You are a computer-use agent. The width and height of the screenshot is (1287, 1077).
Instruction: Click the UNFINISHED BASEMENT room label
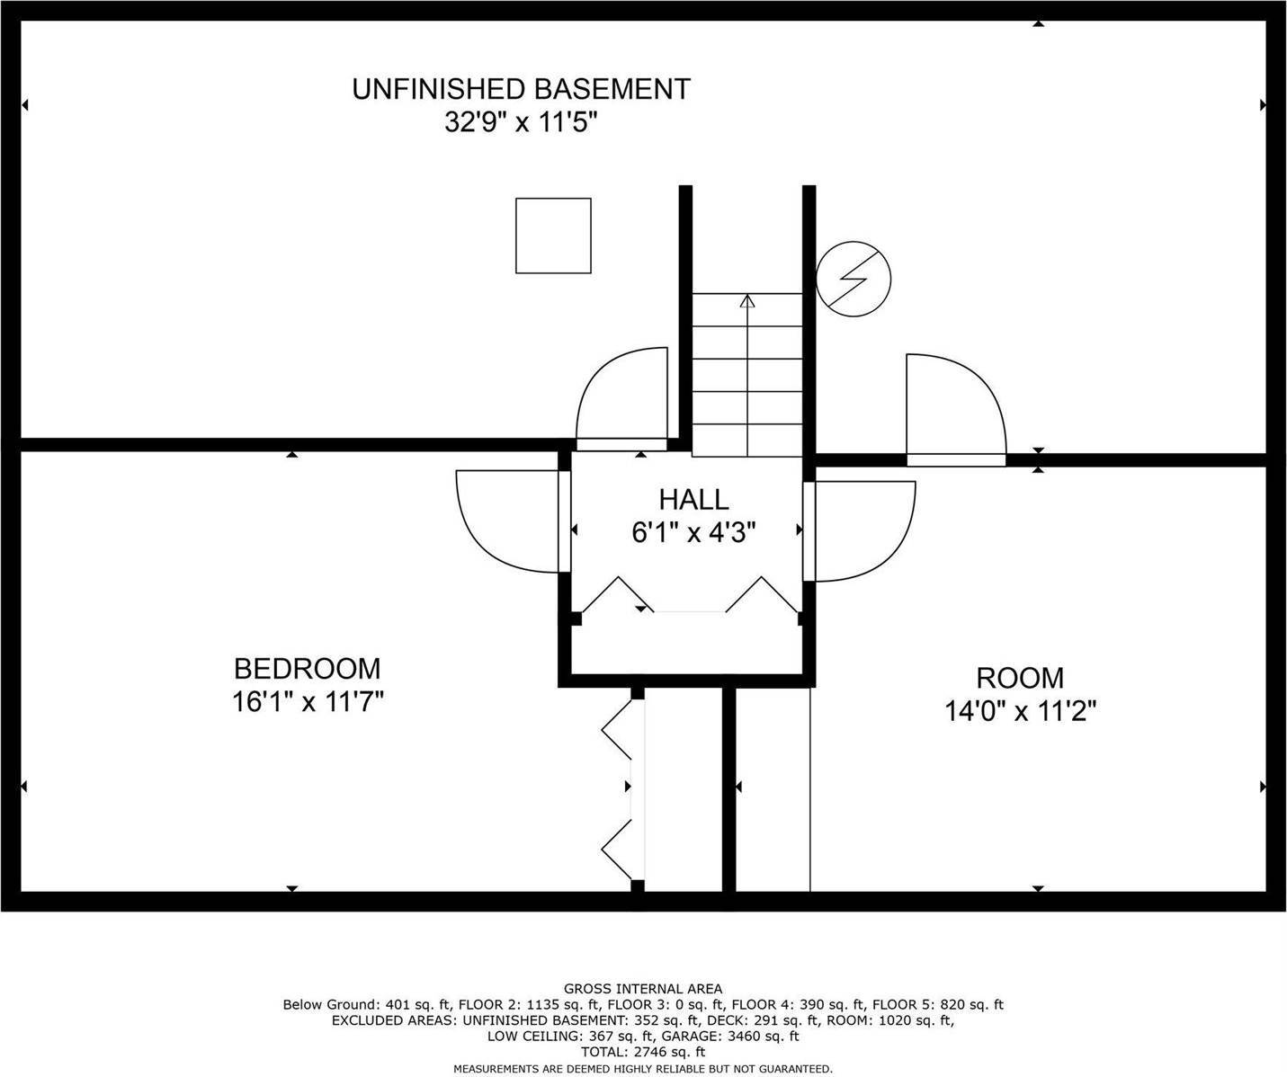[521, 89]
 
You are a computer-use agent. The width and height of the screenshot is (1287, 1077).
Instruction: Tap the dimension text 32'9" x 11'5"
[522, 122]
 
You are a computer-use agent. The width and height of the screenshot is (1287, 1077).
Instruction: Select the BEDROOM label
[307, 669]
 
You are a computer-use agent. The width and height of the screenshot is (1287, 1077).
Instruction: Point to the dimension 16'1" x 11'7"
[308, 702]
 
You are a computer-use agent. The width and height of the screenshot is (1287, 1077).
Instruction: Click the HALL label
[693, 499]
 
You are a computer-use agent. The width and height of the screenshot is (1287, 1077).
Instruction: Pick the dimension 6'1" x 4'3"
[693, 531]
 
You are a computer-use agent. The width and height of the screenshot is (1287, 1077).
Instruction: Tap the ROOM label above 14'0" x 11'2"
[1020, 678]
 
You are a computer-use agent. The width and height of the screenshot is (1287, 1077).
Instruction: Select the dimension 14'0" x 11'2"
[1021, 711]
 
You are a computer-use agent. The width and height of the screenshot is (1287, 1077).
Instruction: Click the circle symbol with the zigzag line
[854, 279]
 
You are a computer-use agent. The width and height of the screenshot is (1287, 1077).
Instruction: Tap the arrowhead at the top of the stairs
[747, 300]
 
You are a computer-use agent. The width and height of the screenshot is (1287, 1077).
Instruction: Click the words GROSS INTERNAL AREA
[643, 989]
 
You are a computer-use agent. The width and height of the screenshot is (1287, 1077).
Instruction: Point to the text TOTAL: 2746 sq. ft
[643, 1052]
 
